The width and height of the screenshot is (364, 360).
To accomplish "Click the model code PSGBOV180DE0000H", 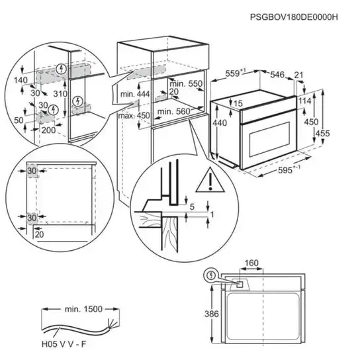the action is tap(294, 17).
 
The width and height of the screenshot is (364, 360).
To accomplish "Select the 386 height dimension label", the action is tap(212, 314).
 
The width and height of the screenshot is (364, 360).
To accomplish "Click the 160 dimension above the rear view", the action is tap(251, 263).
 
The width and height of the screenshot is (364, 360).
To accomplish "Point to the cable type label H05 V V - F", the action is tap(64, 344).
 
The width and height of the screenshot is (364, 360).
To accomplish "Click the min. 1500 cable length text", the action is tap(83, 309).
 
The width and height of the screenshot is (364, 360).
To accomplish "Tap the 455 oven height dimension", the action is tap(322, 133).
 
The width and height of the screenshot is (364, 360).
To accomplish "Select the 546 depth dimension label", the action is tap(277, 75).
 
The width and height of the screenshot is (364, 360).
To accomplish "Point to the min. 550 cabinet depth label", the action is tap(186, 83).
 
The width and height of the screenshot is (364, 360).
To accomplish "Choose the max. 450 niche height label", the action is tap(134, 115).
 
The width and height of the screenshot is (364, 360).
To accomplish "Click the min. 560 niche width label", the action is tap(173, 112).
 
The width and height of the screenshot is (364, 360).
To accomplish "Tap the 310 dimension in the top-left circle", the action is tap(60, 94).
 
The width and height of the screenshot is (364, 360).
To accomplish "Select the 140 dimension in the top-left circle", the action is tap(21, 80).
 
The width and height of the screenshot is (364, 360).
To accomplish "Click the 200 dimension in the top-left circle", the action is tap(48, 130).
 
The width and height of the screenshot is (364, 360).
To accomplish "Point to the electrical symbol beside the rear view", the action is tap(210, 275).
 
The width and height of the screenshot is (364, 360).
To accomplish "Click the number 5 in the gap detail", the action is tap(192, 206).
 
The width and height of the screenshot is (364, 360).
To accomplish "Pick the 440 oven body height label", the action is tap(220, 122).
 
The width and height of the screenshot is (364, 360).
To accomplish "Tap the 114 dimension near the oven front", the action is tap(304, 101).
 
